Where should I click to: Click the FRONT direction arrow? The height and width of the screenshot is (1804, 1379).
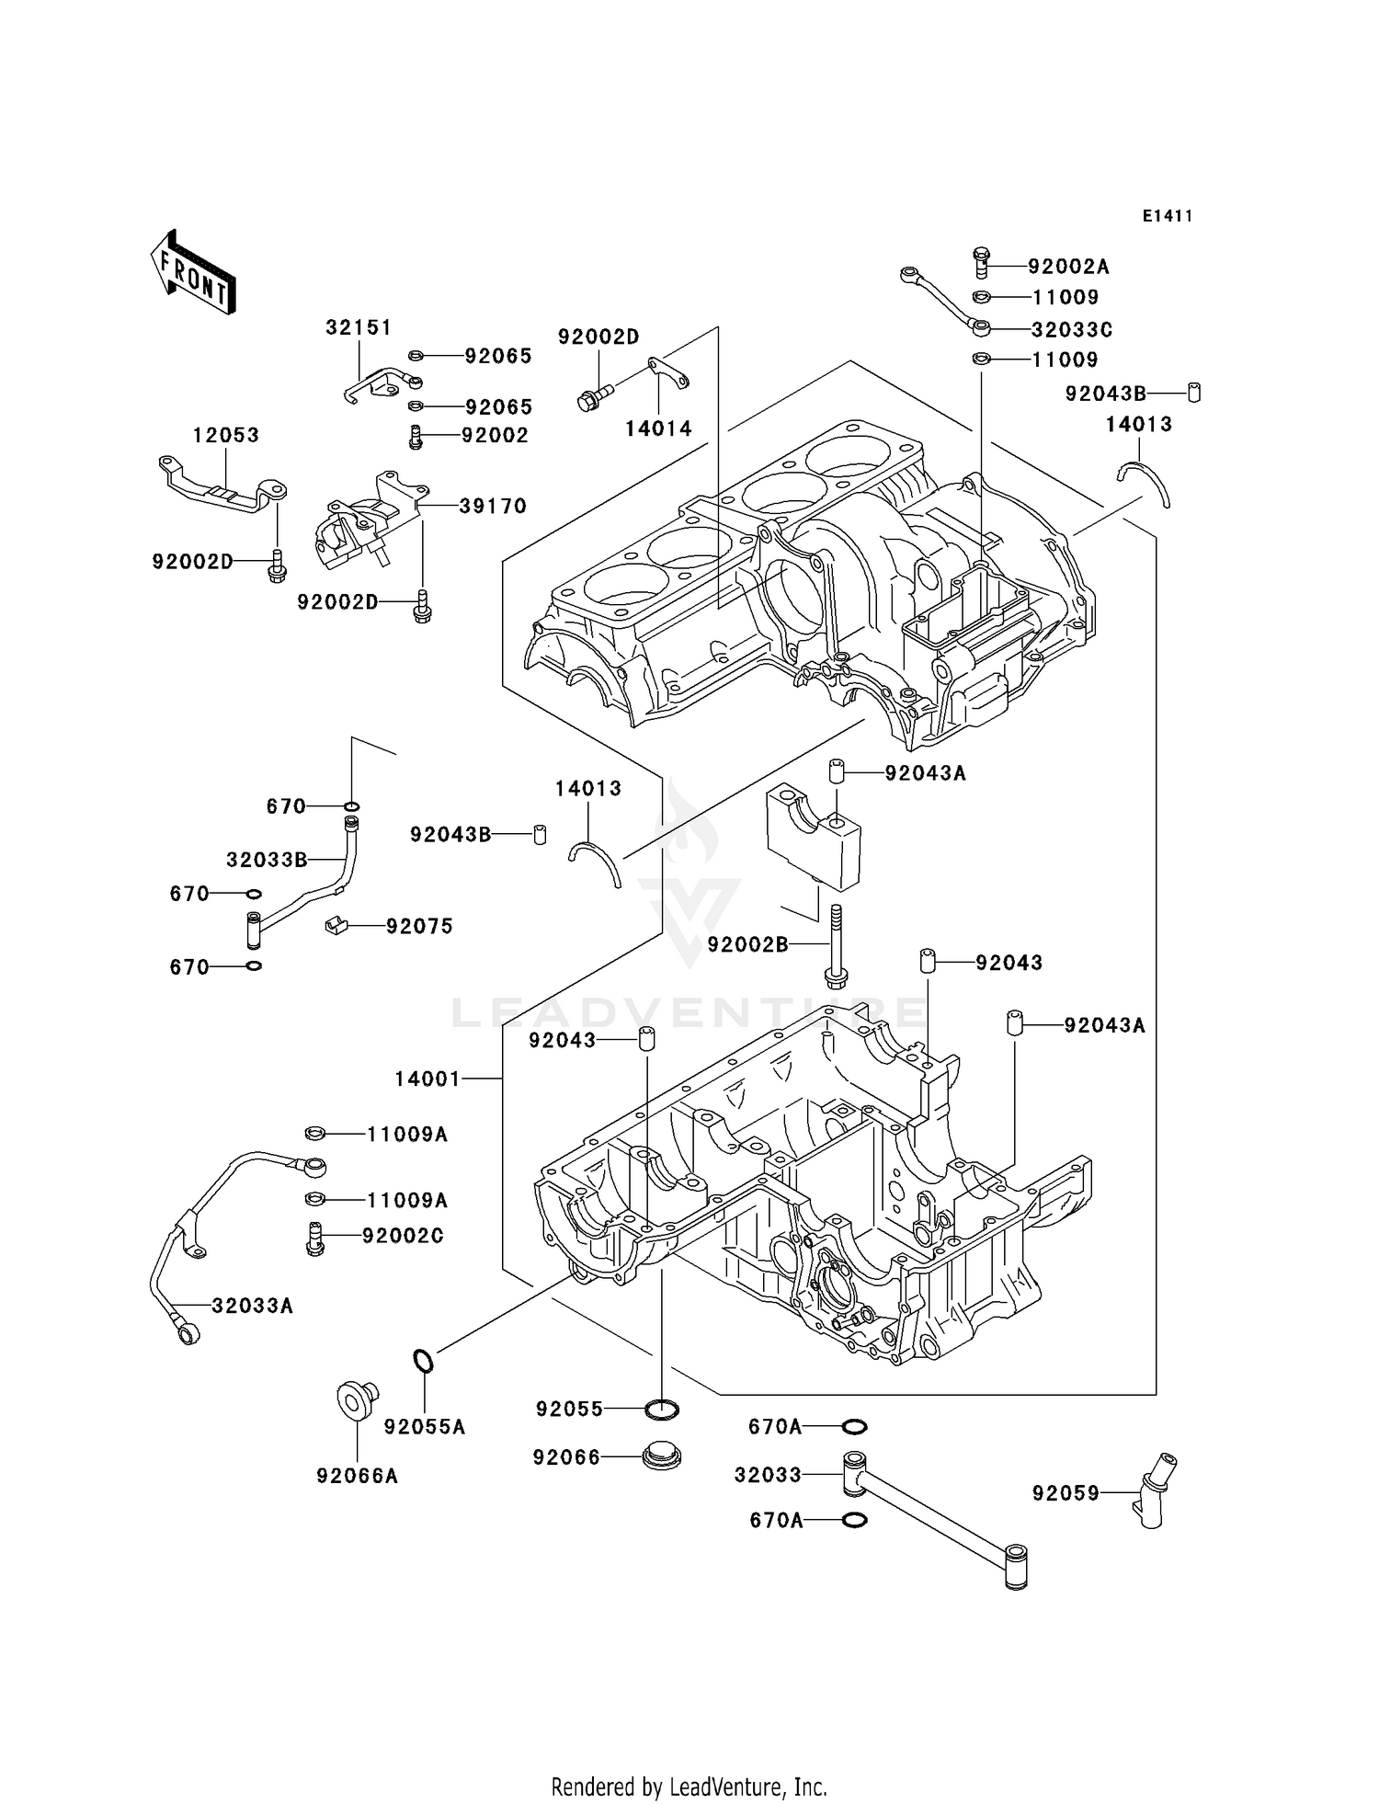click(193, 273)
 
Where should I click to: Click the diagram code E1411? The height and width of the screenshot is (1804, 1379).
click(1167, 216)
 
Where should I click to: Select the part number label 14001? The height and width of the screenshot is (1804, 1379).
click(427, 1079)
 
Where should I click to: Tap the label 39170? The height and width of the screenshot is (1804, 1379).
click(493, 506)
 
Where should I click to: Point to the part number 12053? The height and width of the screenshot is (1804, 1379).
click(225, 435)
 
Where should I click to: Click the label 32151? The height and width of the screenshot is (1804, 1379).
click(359, 327)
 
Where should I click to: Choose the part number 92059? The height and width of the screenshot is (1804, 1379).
click(1065, 1494)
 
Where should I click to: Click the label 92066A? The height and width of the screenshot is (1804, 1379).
click(357, 1476)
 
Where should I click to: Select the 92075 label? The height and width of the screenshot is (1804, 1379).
click(419, 926)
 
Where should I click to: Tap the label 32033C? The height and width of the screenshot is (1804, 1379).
click(1071, 329)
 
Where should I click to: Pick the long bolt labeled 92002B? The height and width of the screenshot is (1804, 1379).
click(837, 947)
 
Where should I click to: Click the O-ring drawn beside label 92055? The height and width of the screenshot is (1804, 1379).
click(662, 1409)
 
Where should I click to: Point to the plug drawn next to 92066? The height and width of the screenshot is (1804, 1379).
click(661, 1457)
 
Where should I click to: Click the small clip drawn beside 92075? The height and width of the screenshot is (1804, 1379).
click(336, 925)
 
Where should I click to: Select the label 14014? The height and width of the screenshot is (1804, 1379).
click(658, 428)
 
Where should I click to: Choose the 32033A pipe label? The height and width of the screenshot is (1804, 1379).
click(252, 1306)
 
